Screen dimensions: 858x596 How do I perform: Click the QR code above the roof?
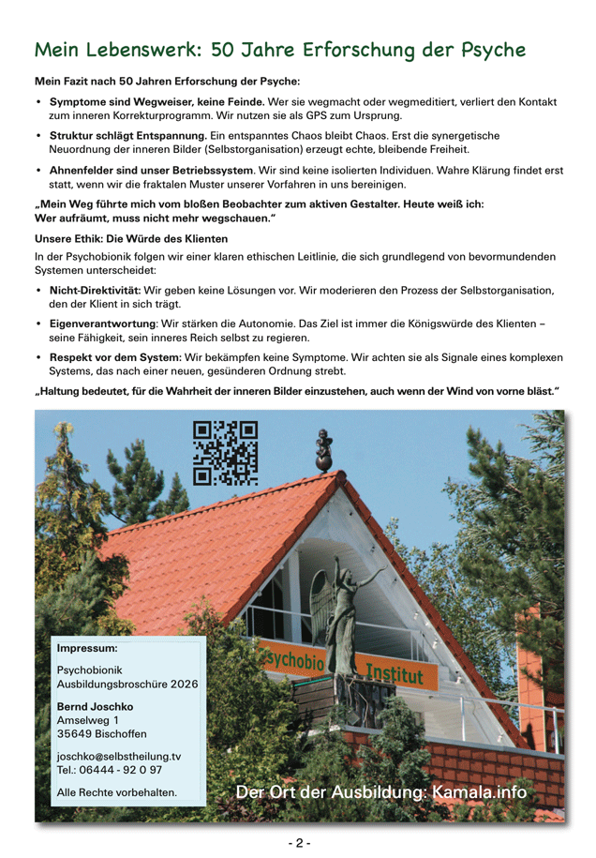(225, 452)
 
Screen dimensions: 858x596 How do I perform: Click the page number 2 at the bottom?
(299, 843)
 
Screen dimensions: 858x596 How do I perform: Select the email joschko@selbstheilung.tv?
(119, 756)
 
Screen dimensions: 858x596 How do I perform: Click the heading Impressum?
(87, 648)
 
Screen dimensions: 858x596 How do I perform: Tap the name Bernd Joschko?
(95, 706)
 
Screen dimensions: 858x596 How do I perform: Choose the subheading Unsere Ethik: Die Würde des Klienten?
(130, 238)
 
